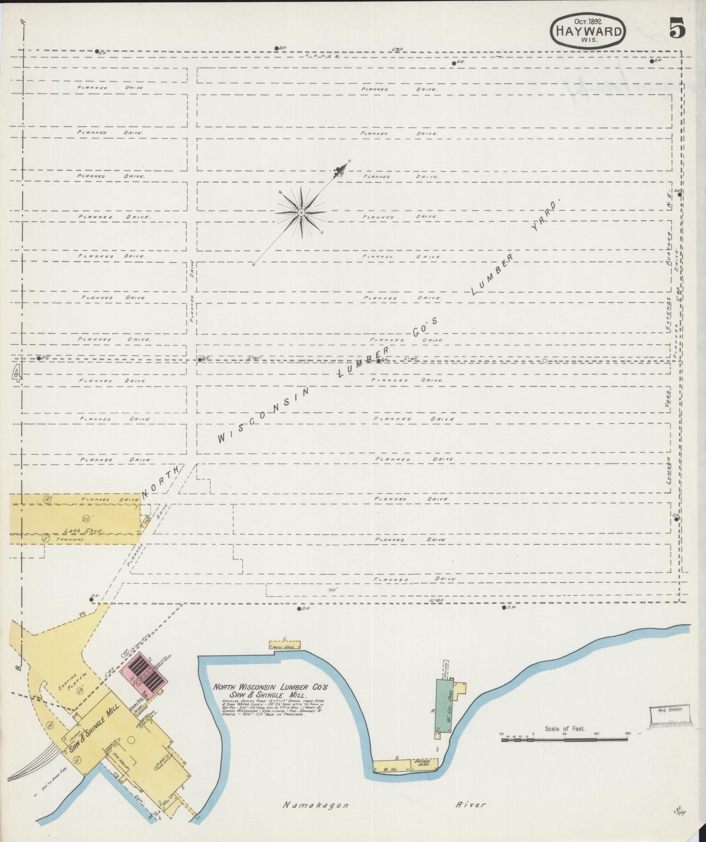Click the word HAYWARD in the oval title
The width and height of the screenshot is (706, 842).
(587, 32)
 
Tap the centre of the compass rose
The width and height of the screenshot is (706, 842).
(301, 212)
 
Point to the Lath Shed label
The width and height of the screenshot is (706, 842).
(90, 531)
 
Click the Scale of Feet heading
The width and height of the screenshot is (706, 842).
(564, 729)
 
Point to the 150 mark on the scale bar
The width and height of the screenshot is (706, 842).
(628, 734)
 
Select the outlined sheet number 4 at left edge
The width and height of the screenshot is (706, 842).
(16, 373)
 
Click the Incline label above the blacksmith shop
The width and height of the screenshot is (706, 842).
(445, 671)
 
